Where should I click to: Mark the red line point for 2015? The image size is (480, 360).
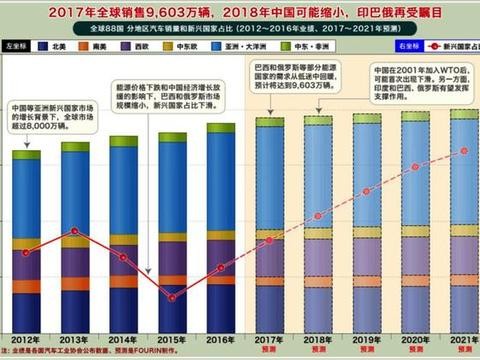click(x=172, y=297)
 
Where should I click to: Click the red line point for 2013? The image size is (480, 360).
click(x=75, y=231)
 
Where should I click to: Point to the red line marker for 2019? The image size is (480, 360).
click(x=366, y=191)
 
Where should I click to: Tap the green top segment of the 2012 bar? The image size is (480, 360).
click(x=27, y=155)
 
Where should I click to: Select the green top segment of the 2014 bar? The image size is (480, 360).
click(x=124, y=141)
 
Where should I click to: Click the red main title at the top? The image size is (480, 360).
click(x=240, y=11)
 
